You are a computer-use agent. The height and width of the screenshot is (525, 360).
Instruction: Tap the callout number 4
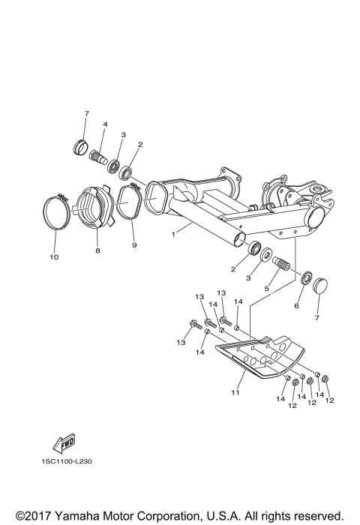click(105, 124)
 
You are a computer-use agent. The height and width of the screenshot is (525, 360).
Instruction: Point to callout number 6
click(297, 307)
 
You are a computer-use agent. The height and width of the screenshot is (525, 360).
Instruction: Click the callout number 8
click(97, 250)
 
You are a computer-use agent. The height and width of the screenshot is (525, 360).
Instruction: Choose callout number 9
click(135, 245)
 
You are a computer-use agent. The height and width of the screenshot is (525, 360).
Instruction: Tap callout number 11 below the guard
click(235, 391)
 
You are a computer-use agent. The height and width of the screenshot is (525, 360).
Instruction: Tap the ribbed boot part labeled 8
click(91, 205)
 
